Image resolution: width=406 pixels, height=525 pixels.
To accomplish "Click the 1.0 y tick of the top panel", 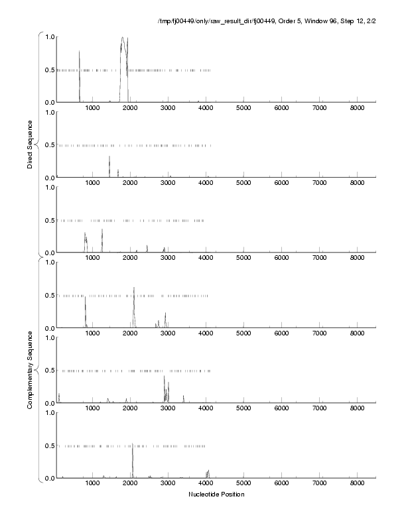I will [49, 36].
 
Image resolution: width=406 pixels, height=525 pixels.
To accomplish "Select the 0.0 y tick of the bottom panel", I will [49, 478].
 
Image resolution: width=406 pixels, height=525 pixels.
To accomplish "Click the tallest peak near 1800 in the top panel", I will [123, 38].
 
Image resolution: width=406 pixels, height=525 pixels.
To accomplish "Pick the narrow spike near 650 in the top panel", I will [79, 52].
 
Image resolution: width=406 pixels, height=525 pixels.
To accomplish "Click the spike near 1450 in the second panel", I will [109, 157].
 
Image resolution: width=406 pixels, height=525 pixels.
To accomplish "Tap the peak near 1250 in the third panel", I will [102, 230].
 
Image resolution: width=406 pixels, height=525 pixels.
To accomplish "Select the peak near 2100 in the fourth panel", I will [134, 288].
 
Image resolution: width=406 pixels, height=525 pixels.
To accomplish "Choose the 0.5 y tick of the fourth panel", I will [49, 295].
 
